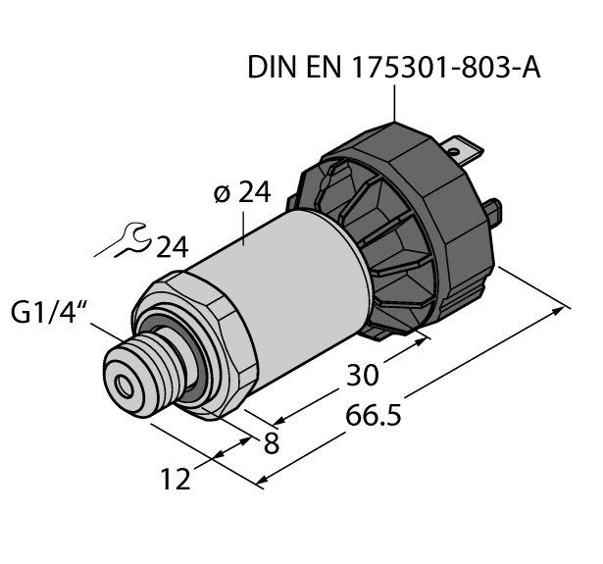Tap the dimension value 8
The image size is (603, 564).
click(x=271, y=441)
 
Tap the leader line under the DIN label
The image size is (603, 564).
click(x=396, y=103)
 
